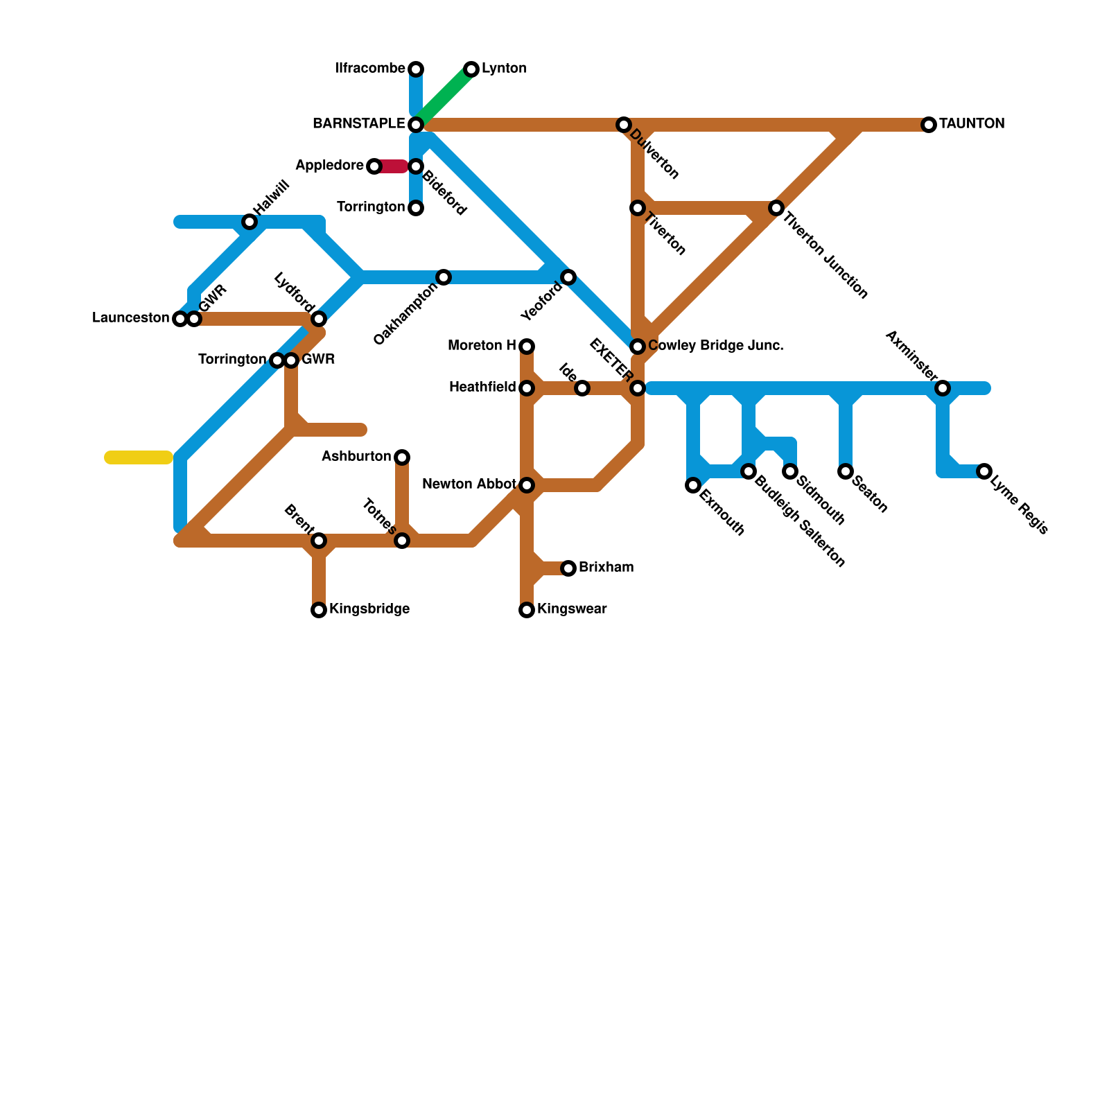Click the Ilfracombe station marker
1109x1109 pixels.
[416, 69]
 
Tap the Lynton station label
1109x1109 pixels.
[504, 69]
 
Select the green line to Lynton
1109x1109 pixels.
[445, 96]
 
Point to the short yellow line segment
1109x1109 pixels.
[139, 457]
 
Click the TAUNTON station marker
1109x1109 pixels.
[929, 125]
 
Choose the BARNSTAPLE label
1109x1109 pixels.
[358, 124]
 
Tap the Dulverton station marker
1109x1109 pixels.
[624, 125]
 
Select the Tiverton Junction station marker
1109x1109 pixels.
[776, 208]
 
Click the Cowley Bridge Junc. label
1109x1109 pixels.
[715, 346]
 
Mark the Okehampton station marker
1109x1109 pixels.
[444, 277]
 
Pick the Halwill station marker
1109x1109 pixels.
[250, 222]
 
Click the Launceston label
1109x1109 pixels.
[130, 318]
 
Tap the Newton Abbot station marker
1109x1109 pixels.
[527, 485]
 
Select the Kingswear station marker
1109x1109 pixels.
[527, 610]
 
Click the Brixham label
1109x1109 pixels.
[606, 568]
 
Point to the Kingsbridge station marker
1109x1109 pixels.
[319, 610]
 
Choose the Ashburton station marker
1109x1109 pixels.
[402, 457]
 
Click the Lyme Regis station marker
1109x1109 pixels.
[984, 471]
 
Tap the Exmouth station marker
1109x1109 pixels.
[693, 485]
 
